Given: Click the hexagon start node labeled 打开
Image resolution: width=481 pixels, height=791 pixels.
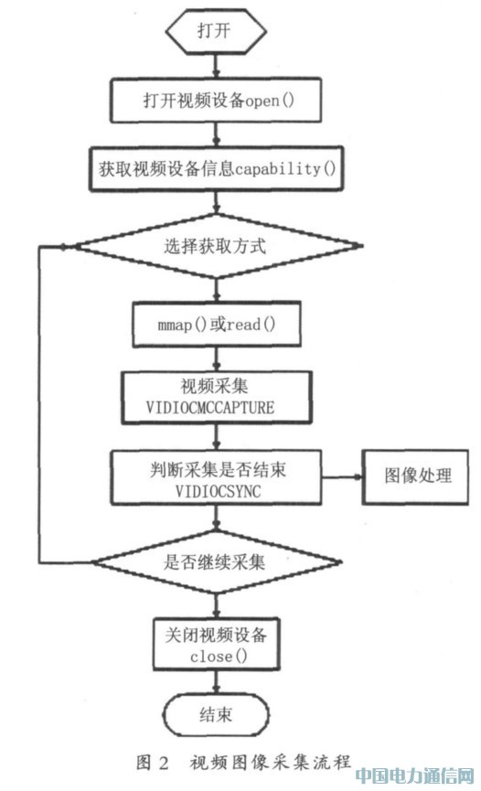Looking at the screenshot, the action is pos(216,31).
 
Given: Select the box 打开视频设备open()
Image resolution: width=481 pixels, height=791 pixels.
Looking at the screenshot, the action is pos(216,100).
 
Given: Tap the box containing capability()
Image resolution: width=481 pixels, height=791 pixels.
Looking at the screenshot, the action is pos(217,168).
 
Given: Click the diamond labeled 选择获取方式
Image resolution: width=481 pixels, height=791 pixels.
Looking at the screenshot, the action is pos(217,246).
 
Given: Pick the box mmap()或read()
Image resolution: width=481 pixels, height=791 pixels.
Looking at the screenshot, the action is pos(217,324).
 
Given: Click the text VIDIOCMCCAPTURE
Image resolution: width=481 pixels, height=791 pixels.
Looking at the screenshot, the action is pos(210,407).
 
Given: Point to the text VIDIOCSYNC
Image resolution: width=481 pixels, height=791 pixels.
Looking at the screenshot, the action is pos(218,491).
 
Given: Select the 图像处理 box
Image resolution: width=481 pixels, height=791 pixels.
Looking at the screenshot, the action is pos(415,477).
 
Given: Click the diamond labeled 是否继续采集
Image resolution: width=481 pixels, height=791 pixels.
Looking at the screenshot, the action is pos(216,561).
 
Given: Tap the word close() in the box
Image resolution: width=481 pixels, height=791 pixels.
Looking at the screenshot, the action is pos(219,657).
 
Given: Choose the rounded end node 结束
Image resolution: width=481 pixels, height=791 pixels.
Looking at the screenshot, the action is pos(216,715).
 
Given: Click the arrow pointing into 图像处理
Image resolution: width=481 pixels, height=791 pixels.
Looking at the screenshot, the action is pos(342,476).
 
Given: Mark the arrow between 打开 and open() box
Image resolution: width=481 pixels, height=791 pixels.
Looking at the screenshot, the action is pos(217,66).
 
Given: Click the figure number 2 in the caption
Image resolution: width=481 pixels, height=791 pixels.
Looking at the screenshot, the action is pos(163,762).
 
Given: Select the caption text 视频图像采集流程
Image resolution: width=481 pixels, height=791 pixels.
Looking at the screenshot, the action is pos(270,761).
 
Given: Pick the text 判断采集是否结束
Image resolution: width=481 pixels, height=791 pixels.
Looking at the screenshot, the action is pos(218,470).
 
